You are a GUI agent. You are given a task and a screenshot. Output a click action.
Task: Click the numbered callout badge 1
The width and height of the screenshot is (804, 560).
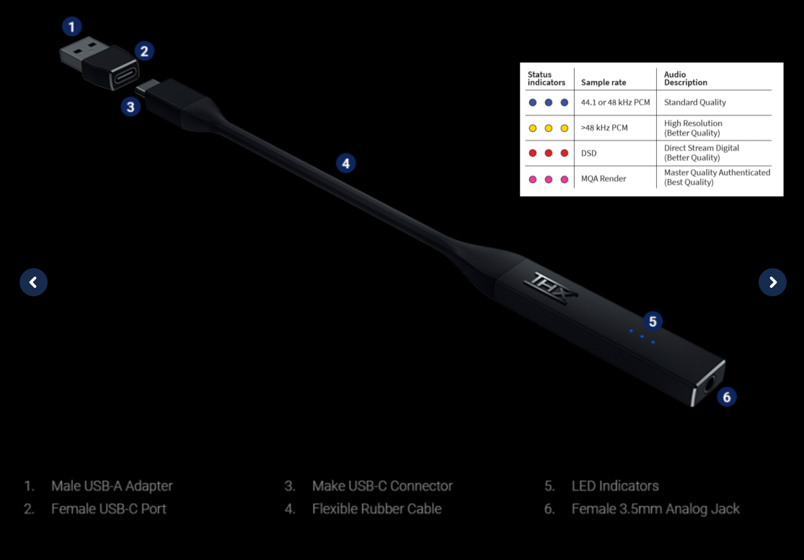(x=71, y=27)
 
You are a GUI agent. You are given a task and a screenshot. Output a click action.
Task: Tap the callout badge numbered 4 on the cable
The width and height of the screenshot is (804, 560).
(x=346, y=164)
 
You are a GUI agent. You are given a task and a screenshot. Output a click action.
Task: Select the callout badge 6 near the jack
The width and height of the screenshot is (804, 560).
(x=727, y=397)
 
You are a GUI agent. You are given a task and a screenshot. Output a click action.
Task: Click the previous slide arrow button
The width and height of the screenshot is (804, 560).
(x=34, y=282)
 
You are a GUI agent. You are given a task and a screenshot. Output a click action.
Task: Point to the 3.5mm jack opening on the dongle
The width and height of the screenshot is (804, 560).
(x=710, y=386)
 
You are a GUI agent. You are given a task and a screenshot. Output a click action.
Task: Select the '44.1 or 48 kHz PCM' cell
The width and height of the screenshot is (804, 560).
(x=615, y=102)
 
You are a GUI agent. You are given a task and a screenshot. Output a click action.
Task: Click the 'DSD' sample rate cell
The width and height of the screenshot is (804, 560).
(x=588, y=153)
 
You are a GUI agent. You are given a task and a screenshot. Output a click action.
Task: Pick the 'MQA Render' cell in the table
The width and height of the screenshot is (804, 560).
(x=604, y=179)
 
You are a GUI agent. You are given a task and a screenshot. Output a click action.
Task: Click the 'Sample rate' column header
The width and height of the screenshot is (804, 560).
(x=604, y=82)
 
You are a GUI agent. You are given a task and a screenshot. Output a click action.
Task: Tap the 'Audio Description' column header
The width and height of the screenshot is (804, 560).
(x=685, y=78)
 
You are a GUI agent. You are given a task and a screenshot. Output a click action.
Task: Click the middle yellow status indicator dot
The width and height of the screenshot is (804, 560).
(x=549, y=128)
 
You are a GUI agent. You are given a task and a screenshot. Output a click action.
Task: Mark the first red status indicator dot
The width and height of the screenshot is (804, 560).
(x=532, y=153)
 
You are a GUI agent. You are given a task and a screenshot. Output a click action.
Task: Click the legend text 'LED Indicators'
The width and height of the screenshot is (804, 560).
(x=615, y=486)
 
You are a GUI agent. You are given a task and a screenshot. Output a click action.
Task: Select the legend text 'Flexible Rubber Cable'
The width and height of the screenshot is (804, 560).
(x=377, y=509)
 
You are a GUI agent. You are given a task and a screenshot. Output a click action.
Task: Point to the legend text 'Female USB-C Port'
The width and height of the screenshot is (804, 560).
(x=109, y=509)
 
